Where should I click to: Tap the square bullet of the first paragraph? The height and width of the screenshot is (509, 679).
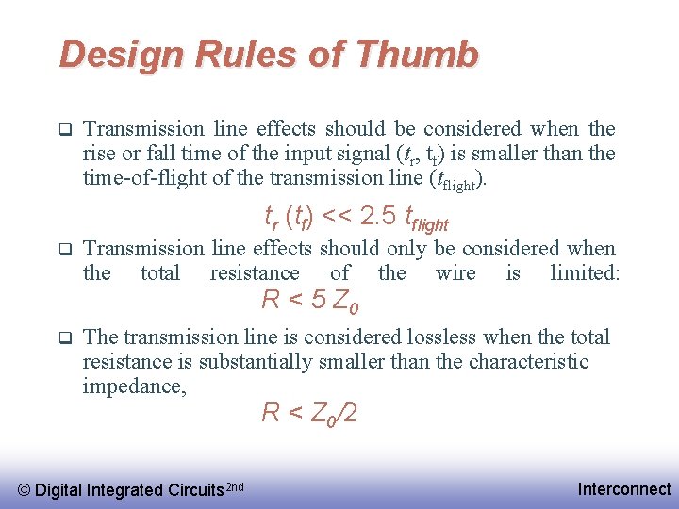[65, 128]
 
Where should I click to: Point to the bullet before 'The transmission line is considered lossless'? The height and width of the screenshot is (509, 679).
[65, 337]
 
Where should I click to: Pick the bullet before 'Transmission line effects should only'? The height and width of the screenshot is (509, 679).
[65, 249]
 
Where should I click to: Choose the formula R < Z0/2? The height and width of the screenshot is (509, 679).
[308, 413]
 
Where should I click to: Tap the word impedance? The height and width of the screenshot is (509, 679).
[134, 386]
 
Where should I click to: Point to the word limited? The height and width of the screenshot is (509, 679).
[585, 273]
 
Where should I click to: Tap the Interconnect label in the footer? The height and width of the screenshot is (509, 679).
[624, 488]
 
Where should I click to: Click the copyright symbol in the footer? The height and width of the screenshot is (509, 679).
[25, 489]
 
